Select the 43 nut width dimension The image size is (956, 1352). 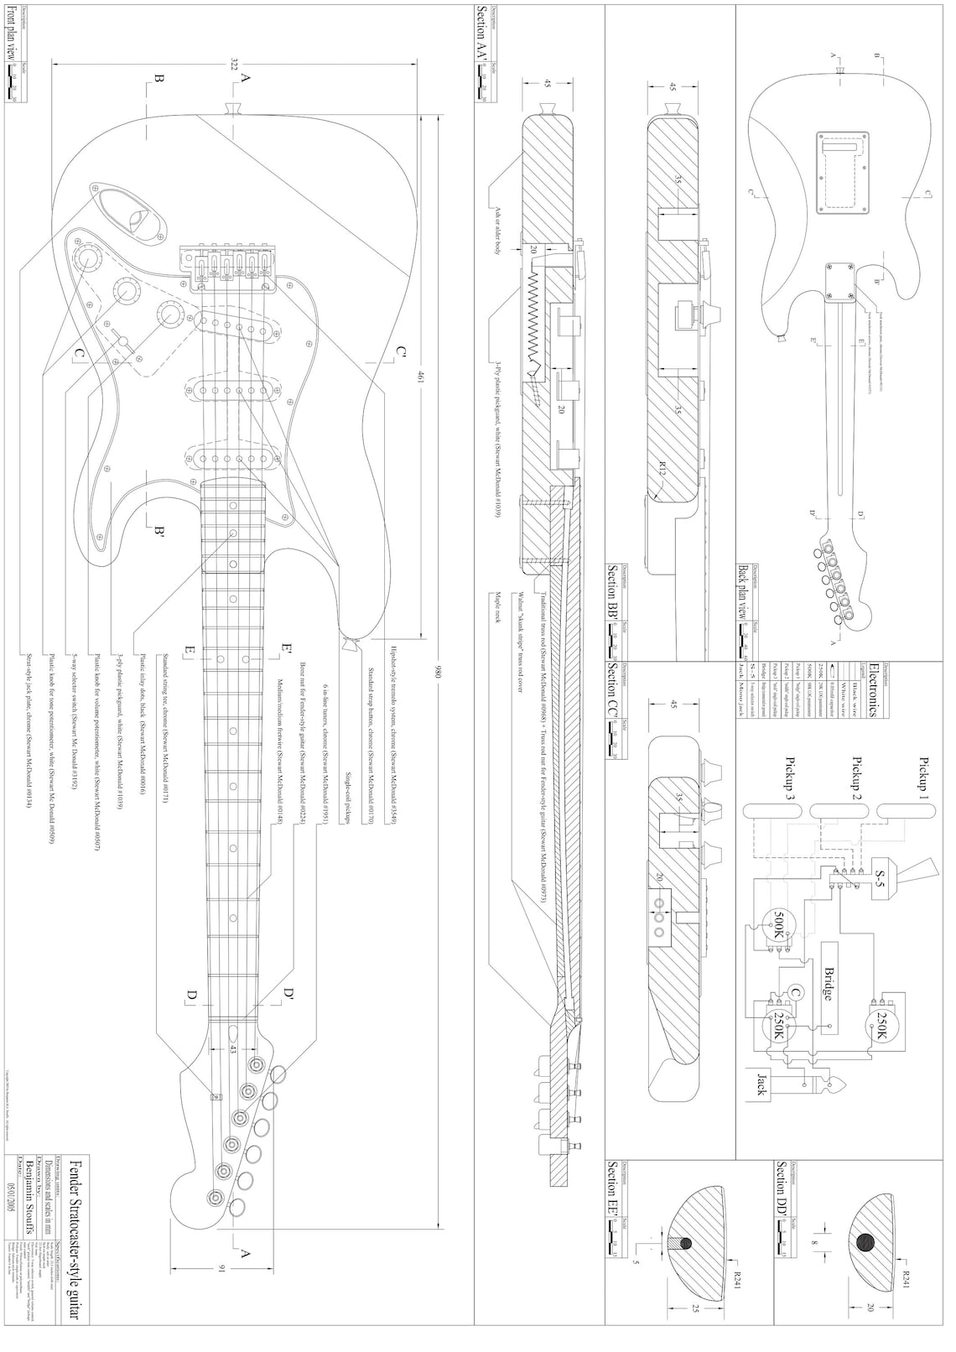(x=232, y=1048)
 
